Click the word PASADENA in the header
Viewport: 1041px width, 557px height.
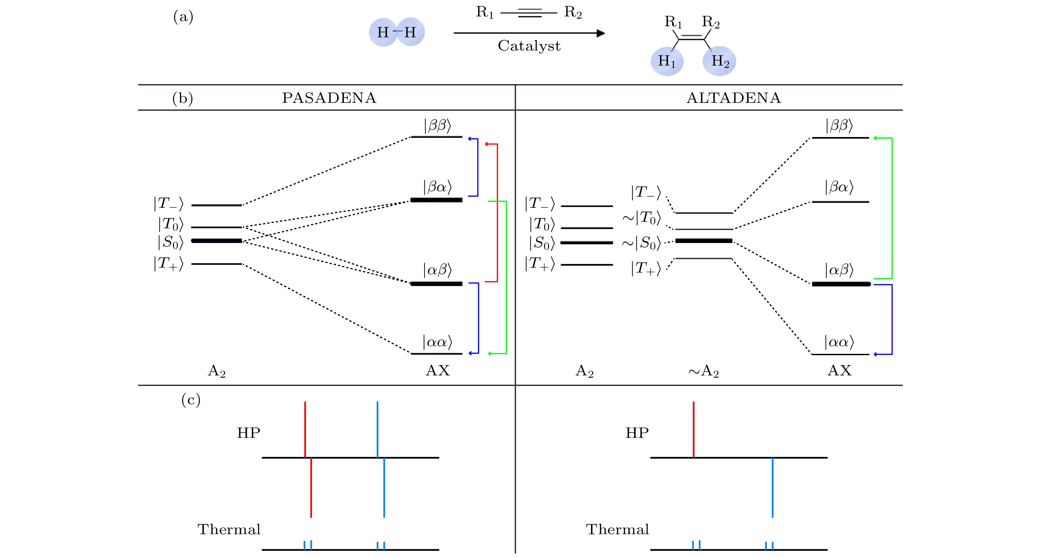(x=329, y=98)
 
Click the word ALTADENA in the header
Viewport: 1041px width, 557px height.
(x=734, y=98)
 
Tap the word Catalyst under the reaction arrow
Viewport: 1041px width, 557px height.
(x=529, y=46)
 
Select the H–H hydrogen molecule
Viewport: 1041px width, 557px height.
(x=396, y=32)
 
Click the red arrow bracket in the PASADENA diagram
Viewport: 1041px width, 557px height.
(x=497, y=212)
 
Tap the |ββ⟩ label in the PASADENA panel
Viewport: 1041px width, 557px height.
(x=437, y=126)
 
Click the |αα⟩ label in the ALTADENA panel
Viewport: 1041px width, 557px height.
(x=839, y=342)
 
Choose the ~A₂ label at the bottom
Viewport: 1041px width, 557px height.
(x=703, y=371)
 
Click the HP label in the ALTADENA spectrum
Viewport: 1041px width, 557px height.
(x=637, y=433)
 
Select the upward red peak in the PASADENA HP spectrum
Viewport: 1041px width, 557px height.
(x=305, y=429)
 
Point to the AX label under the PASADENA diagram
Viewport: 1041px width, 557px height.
(x=437, y=371)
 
